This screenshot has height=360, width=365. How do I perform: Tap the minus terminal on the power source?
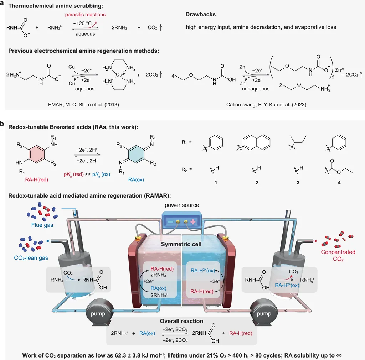(x=171, y=222)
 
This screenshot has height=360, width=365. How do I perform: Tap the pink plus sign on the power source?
(x=193, y=222)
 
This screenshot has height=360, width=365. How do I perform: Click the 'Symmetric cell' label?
(x=181, y=244)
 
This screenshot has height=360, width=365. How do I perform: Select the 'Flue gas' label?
(x=42, y=225)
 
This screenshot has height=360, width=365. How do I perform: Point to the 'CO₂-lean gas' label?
(x=31, y=258)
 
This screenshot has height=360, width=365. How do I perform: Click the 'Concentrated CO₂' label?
(x=338, y=255)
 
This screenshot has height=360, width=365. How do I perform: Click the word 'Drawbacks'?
(x=200, y=14)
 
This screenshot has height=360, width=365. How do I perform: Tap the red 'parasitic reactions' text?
(x=85, y=14)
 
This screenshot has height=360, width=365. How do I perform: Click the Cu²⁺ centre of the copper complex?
(x=120, y=74)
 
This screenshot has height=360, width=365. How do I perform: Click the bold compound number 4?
(x=339, y=183)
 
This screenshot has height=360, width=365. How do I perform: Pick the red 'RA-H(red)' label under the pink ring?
(x=37, y=179)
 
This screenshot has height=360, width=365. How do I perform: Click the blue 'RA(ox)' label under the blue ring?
(x=136, y=179)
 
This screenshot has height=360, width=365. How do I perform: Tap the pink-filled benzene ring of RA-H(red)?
(x=36, y=154)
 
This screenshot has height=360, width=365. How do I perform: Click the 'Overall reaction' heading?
(x=181, y=321)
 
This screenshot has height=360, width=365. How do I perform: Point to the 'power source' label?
(x=182, y=205)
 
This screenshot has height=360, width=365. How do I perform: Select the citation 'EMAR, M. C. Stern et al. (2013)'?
(x=83, y=105)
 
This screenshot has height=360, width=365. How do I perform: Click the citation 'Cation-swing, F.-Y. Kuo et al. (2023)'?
(x=266, y=105)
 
